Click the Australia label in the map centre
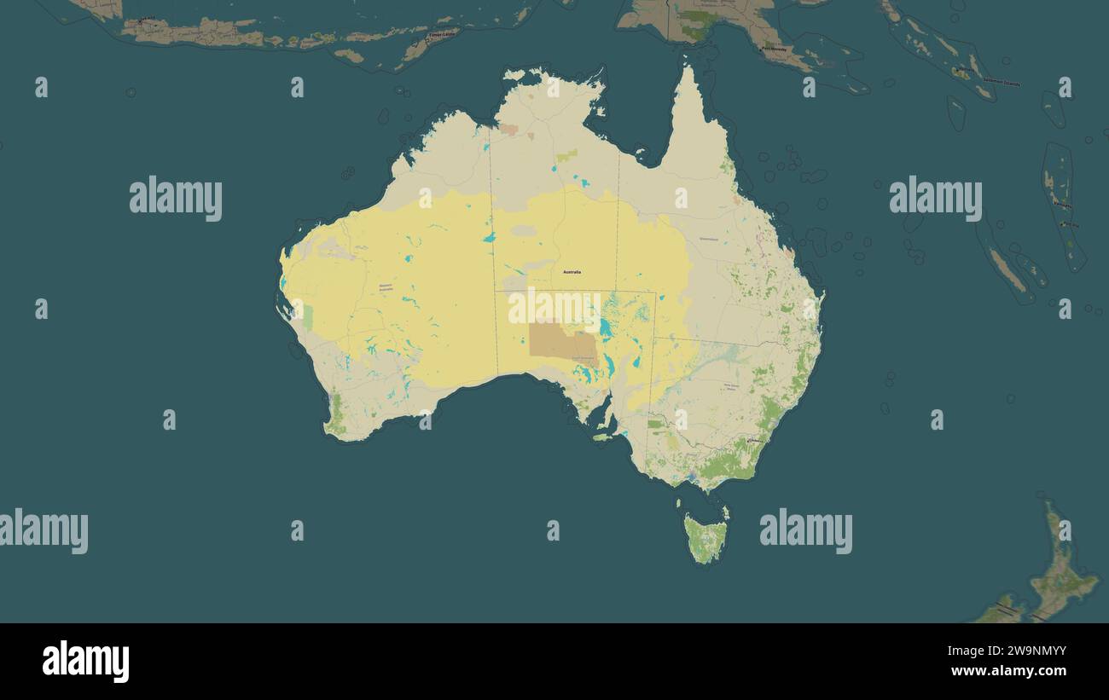[x=572, y=272]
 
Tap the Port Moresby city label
[x=775, y=49]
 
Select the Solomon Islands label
[x=1001, y=82]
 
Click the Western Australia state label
[x=386, y=287]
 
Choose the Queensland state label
[x=709, y=239]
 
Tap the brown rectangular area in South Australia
[x=563, y=342]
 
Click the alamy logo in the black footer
[x=85, y=662]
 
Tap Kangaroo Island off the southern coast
[x=602, y=437]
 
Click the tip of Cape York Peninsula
[x=687, y=68]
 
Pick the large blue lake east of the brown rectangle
[x=605, y=327]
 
